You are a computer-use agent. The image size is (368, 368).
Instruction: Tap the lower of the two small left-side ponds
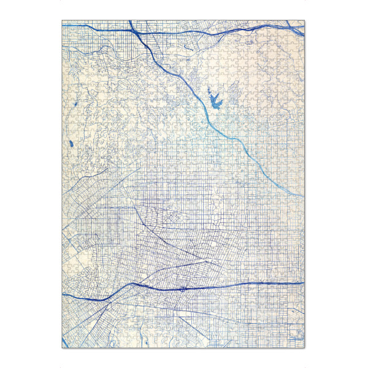pyautogui.click(x=72, y=145)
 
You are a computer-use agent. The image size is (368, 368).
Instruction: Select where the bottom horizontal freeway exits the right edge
pyautogui.click(x=303, y=283)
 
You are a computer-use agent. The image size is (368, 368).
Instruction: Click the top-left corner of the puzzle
pyautogui.click(x=63, y=20)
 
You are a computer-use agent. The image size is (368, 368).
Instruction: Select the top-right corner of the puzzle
pyautogui.click(x=304, y=20)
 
